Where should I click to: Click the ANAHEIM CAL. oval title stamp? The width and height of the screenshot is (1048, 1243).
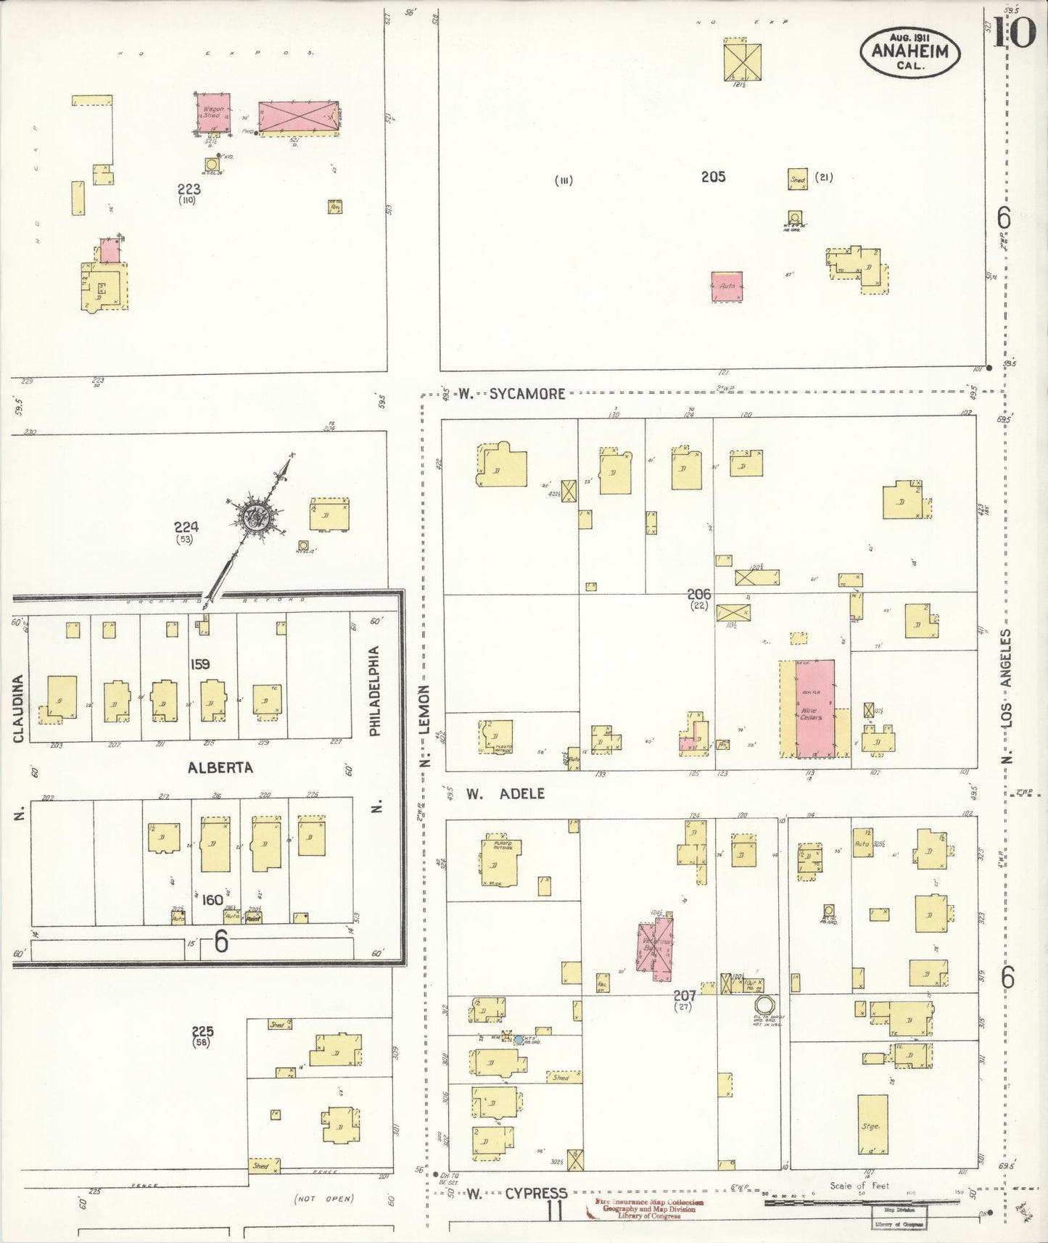[x=909, y=52]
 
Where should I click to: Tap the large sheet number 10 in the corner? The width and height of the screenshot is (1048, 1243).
[x=1014, y=32]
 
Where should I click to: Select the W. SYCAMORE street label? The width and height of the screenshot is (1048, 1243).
[x=512, y=394]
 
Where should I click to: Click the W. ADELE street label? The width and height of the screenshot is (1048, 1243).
[x=505, y=793]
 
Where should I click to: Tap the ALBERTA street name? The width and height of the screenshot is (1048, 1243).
[x=220, y=767]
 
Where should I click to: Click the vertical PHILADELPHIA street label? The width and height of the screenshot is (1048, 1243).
[x=374, y=691]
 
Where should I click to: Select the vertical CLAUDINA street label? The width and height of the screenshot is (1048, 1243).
[x=18, y=709]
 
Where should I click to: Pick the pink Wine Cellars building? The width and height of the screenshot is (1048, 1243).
[x=814, y=708]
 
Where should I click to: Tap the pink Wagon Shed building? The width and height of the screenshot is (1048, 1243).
[x=215, y=112]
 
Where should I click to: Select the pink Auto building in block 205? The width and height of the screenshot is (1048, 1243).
[x=726, y=286]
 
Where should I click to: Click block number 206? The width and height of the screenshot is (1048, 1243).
[x=698, y=594]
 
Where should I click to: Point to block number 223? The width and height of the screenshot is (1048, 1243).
[x=189, y=189]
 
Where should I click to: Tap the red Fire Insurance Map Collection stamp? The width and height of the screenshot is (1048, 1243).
[x=648, y=1209]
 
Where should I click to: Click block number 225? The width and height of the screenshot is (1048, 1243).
[x=202, y=1031]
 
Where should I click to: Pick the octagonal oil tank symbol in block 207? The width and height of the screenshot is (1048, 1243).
[x=764, y=1006]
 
